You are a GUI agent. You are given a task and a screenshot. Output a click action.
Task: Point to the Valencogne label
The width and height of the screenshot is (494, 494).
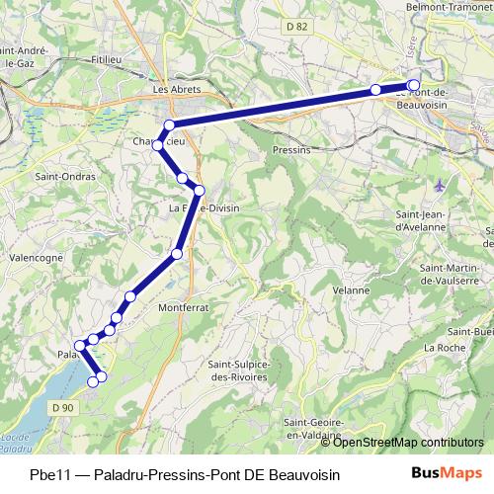pos(36,256)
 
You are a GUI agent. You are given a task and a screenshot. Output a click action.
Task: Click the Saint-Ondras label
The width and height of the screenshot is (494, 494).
pos(59,178)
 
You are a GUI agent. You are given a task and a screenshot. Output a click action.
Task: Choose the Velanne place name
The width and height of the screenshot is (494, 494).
pos(351,290)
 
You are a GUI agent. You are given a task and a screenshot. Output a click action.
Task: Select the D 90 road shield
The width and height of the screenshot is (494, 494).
pos(62,407)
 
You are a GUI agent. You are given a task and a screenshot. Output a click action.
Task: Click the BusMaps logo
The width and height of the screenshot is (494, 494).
pos(446,473)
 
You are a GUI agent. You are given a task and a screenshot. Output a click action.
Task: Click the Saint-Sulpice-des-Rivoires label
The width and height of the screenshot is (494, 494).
pos(241,370)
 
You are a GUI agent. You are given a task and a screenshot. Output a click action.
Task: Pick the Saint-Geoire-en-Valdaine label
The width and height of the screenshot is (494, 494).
pos(309,428)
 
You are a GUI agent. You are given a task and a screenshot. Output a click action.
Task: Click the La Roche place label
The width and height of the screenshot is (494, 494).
pos(443,348)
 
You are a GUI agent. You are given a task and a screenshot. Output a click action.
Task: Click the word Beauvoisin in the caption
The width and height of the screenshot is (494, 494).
pos(305,474)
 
